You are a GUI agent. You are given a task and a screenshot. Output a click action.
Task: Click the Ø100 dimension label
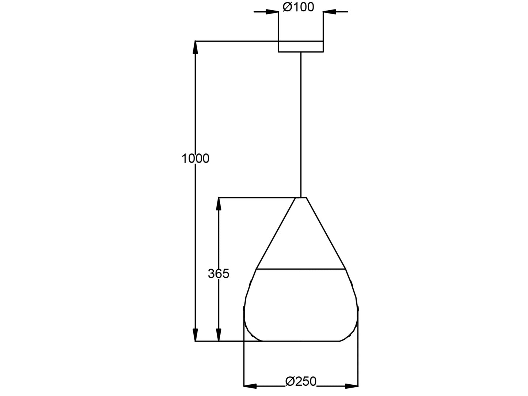pyautogui.click(x=298, y=7)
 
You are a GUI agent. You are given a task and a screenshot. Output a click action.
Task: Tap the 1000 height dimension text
pyautogui.click(x=195, y=159)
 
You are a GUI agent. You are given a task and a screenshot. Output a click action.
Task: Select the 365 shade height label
pyautogui.click(x=219, y=273)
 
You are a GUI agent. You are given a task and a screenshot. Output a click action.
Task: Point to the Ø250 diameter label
pyautogui.click(x=301, y=381)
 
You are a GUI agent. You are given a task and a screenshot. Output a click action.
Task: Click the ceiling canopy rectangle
pyautogui.click(x=301, y=46)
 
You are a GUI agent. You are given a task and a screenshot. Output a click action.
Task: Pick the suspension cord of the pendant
pyautogui.click(x=301, y=124)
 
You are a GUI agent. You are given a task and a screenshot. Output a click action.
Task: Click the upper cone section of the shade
pyautogui.click(x=301, y=237)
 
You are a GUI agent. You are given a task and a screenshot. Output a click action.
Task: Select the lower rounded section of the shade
pyautogui.click(x=301, y=307)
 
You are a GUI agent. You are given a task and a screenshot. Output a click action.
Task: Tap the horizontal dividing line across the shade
pyautogui.click(x=301, y=269)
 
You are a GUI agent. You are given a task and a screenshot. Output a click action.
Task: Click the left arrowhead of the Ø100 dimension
pyautogui.click(x=273, y=12)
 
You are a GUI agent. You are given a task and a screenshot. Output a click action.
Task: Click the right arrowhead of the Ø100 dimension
pyautogui.click(x=329, y=12)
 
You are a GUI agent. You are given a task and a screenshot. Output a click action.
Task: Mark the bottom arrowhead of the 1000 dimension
pyautogui.click(x=195, y=335)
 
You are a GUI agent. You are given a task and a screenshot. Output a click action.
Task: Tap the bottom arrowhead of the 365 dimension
pyautogui.click(x=219, y=335)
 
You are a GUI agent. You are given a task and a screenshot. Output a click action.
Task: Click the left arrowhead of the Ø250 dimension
pyautogui.click(x=250, y=385)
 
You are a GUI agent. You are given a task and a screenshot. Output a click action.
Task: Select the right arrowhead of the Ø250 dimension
pyautogui.click(x=352, y=385)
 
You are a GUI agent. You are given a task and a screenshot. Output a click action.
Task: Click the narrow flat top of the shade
pyautogui.click(x=301, y=198)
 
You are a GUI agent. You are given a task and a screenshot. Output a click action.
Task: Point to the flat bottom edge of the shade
pyautogui.click(x=301, y=341)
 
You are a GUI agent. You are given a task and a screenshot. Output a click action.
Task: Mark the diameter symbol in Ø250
pyautogui.click(x=290, y=381)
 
